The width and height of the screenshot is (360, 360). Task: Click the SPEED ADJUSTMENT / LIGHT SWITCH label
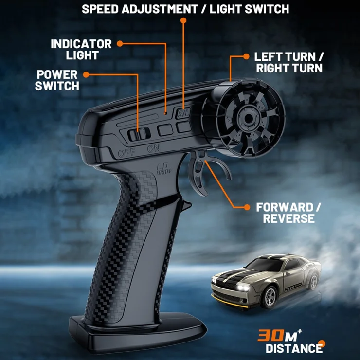[x=185, y=9]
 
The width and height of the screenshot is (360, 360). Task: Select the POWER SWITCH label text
[x=57, y=80]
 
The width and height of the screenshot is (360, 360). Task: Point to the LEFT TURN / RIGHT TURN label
[x=289, y=63]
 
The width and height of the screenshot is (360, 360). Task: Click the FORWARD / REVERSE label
[x=289, y=213]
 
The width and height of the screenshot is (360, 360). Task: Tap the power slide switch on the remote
[x=138, y=134]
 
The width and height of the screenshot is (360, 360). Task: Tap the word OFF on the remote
[x=126, y=154]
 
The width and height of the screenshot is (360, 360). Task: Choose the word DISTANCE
[x=293, y=348]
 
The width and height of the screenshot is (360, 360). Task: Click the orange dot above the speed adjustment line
[x=183, y=20]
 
